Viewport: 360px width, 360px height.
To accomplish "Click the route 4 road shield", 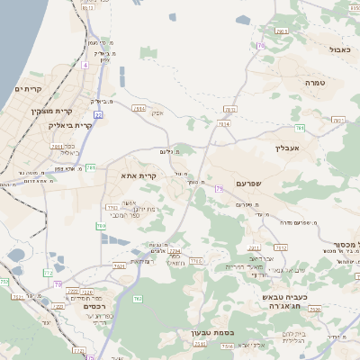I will click(x=85, y=65).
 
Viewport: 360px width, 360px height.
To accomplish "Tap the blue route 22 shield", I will click(x=98, y=114).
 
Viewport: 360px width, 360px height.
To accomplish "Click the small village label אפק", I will click(x=157, y=114).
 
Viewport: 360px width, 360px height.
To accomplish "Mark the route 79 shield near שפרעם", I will click(x=218, y=188).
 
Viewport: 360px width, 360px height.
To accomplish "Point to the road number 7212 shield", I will click(x=280, y=246).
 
